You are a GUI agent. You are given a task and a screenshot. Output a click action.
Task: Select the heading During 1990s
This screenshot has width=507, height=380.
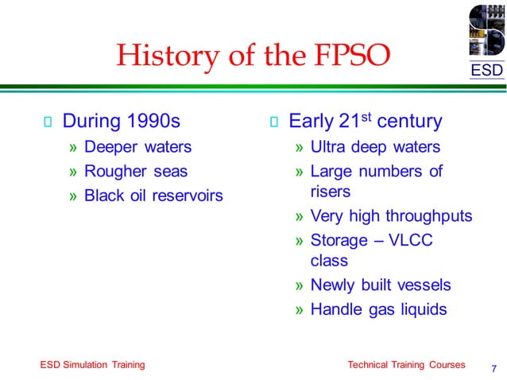[x=121, y=122]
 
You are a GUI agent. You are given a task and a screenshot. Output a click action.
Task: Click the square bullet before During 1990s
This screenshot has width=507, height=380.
[x=47, y=122]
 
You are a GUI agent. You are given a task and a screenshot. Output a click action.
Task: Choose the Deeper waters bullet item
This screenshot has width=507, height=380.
[x=137, y=147]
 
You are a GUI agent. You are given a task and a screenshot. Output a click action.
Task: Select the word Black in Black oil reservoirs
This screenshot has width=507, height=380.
[x=103, y=195]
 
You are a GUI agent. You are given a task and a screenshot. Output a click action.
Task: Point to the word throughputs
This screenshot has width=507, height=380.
[x=429, y=216]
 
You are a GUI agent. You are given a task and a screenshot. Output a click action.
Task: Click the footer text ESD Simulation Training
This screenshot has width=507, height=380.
[x=92, y=364]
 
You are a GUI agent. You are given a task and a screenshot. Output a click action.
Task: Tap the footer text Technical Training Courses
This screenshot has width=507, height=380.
[x=406, y=364]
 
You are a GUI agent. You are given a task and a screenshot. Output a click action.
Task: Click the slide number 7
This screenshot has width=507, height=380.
[x=494, y=368]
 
